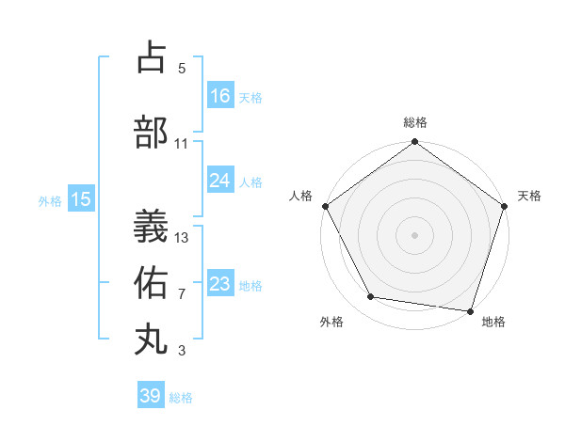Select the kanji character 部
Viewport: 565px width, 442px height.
152,133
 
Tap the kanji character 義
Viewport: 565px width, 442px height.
152,227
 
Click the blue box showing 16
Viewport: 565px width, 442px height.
220,96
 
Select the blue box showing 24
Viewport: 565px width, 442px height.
220,181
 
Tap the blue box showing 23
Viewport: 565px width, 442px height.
220,284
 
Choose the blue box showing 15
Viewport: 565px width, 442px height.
80,199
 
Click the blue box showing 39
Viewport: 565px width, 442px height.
151,396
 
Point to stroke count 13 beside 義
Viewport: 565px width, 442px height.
182,237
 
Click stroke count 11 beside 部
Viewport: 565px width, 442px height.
182,144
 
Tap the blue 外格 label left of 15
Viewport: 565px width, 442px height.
50,200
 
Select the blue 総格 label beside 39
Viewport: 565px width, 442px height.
181,398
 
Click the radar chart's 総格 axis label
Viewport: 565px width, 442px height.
414,122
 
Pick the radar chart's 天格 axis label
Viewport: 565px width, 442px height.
529,196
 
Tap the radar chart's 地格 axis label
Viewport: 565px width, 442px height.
493,323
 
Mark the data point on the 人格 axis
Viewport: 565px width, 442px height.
325,206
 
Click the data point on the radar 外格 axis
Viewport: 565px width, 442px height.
371,297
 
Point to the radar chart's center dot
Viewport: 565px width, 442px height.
414,234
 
